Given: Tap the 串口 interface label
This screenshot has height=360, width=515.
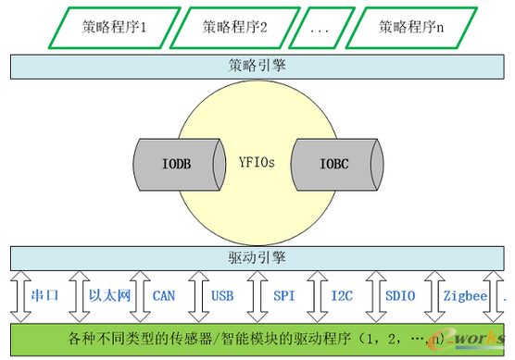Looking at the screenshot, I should (x=46, y=296).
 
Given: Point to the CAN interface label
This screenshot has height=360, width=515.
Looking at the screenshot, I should (x=164, y=296).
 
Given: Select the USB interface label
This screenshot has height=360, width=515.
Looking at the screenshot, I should (x=223, y=296).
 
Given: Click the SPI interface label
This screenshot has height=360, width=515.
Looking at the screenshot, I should (x=283, y=296).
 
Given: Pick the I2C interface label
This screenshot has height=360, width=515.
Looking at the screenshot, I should (x=342, y=296).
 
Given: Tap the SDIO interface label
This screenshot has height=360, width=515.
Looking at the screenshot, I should (x=401, y=296).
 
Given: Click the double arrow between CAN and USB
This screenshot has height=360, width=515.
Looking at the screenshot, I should (x=194, y=296).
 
